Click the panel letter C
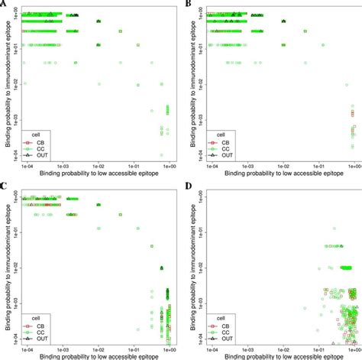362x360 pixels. pyautogui.click(x=5, y=186)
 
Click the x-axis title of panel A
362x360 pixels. pyautogui.click(x=99, y=172)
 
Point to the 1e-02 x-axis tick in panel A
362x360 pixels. pyautogui.click(x=99, y=163)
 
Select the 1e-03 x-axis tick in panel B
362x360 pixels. pyautogui.click(x=247, y=163)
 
